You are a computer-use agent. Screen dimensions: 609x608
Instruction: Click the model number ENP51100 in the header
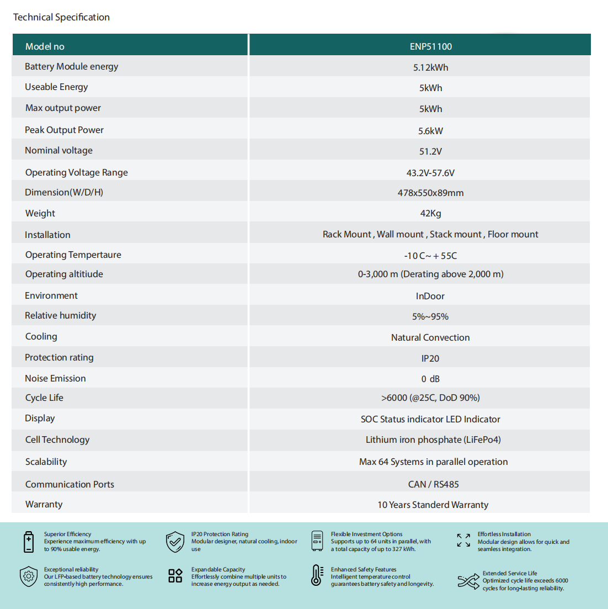(430, 46)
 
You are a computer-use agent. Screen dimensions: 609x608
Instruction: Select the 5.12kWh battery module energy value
(430, 67)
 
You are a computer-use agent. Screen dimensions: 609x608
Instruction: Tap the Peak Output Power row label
(64, 130)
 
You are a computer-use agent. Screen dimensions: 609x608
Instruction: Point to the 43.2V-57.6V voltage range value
(430, 173)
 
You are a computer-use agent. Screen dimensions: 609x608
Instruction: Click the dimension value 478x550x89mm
(430, 193)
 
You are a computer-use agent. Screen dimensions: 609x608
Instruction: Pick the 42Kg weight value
(430, 213)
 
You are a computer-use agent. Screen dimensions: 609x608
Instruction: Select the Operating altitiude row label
(64, 274)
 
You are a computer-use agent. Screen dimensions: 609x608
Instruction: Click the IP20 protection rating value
(430, 358)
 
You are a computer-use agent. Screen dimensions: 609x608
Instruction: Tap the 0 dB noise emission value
(430, 379)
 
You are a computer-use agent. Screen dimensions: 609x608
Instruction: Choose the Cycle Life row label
(44, 398)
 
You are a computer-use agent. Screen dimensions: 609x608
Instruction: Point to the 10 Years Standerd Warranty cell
(433, 505)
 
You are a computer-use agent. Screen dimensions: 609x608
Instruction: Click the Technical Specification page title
(61, 17)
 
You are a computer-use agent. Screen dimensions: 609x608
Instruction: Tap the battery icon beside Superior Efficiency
(29, 542)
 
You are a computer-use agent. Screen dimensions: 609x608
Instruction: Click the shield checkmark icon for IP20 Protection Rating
(175, 542)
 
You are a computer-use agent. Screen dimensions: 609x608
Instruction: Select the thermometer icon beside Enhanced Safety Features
(317, 575)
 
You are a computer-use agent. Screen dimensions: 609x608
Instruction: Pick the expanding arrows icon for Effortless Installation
(463, 540)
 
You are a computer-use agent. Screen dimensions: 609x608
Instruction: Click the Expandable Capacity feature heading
(218, 569)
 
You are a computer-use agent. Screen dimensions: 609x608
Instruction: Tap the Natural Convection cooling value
(430, 337)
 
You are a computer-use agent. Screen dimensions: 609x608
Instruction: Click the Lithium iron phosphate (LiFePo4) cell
(433, 439)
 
